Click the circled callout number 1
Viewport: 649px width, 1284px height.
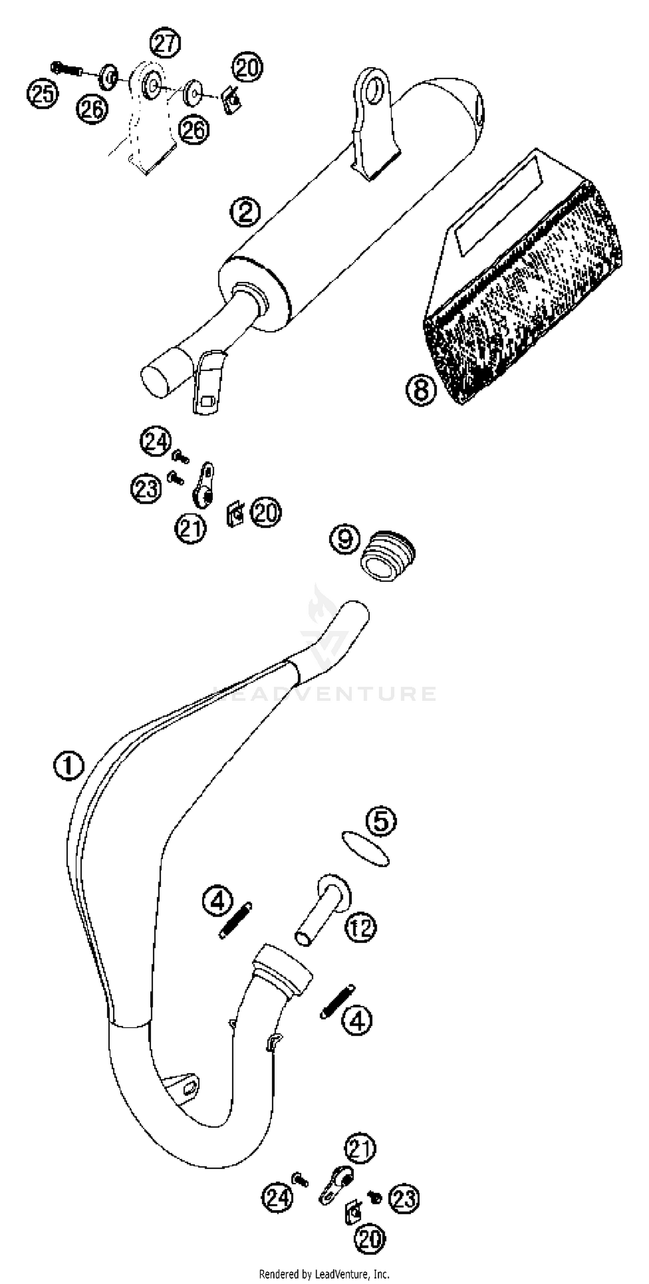coord(69,766)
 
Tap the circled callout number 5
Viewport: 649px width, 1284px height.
coord(381,821)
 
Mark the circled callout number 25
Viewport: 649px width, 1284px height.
coord(42,93)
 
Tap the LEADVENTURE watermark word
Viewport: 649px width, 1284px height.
coord(324,694)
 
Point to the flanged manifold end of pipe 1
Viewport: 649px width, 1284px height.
coord(282,969)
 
